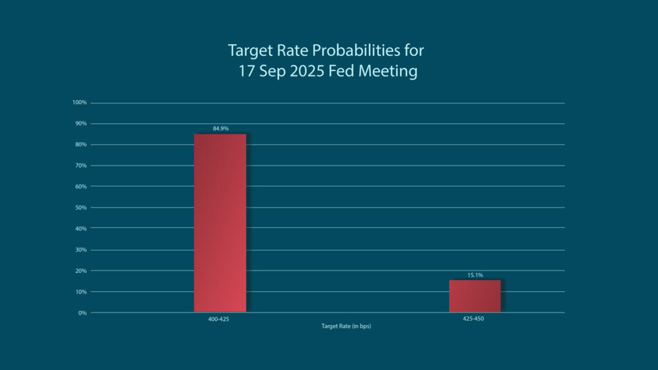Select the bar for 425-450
(x=474, y=296)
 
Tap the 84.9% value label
(x=220, y=128)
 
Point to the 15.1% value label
(x=475, y=275)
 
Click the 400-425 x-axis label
(x=218, y=319)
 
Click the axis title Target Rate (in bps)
(x=346, y=326)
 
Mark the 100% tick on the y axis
(x=79, y=103)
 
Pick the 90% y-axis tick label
(x=80, y=123)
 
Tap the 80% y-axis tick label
(x=80, y=145)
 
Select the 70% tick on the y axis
(x=80, y=166)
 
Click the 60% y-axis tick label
(x=80, y=186)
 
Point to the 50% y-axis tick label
(x=80, y=207)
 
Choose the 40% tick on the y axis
(x=80, y=229)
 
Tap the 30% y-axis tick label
(x=80, y=250)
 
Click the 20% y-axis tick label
(x=80, y=270)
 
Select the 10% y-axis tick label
(x=80, y=292)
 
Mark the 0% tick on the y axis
(x=82, y=313)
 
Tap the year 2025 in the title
(x=307, y=71)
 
